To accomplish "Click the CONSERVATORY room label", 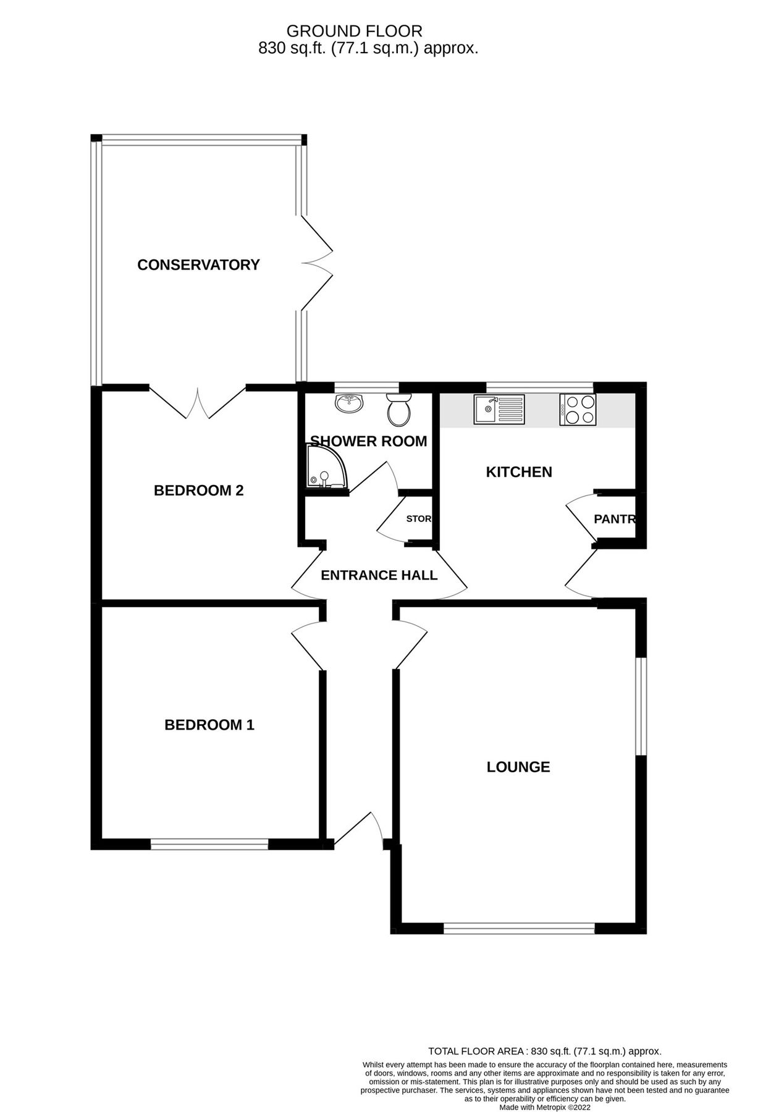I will (198, 265).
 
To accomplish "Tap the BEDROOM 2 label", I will (198, 491).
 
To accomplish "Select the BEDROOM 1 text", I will (209, 725).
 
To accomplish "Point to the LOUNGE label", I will (518, 767).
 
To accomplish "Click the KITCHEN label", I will (518, 472).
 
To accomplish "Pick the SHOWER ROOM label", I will (368, 441).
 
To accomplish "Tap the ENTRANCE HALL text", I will (379, 575).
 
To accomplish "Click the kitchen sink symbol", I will (499, 410).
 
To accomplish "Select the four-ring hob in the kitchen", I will (578, 410).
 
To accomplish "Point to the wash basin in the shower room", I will (350, 404).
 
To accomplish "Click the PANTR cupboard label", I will (614, 519).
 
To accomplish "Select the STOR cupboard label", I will (418, 519).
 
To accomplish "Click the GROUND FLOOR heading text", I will (354, 31).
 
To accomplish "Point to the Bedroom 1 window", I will (209, 844).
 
